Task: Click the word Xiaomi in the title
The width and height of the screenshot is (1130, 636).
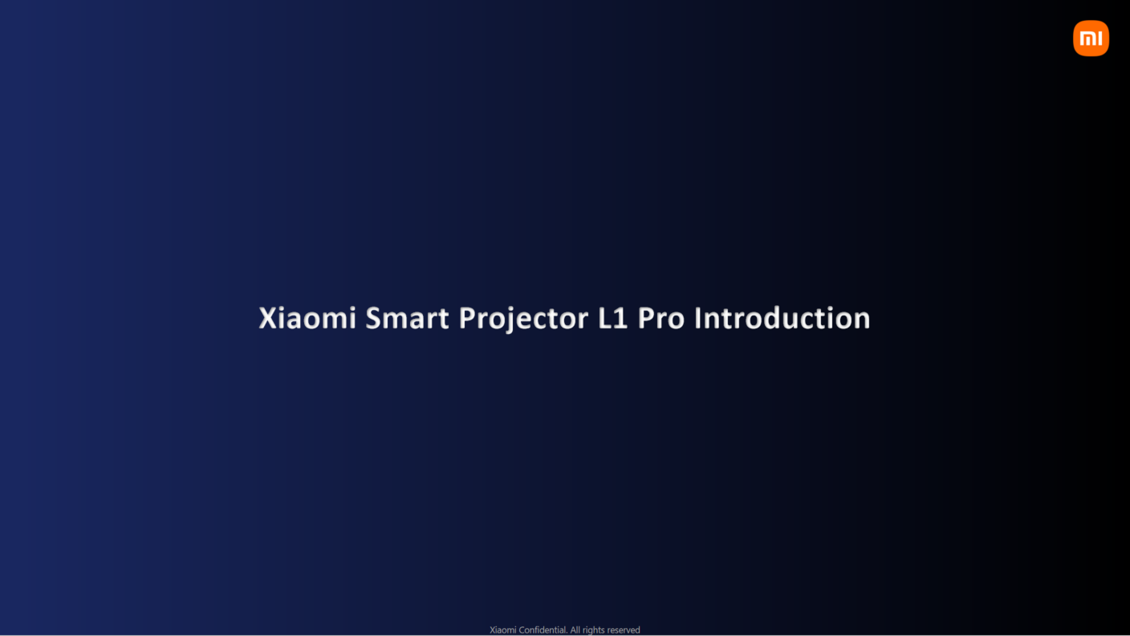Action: click(307, 318)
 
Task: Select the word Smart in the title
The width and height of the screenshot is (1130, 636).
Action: click(407, 318)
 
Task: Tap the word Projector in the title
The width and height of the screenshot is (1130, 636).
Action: click(523, 320)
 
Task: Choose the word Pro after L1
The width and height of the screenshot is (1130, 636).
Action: click(661, 318)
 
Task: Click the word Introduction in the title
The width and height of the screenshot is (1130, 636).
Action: click(782, 318)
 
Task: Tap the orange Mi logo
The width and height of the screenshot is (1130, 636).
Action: click(1091, 39)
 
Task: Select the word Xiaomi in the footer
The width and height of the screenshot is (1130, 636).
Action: click(503, 630)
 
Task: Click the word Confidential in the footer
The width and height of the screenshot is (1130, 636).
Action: click(543, 630)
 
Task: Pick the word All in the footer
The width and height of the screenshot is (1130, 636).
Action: click(575, 630)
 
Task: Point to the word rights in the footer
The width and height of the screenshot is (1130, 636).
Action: click(593, 630)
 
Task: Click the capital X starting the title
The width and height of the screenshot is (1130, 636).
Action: click(267, 318)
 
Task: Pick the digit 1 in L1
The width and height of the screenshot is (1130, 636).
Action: click(620, 318)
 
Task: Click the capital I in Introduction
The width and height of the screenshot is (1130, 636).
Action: click(698, 318)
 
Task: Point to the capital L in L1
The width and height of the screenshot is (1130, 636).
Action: click(605, 318)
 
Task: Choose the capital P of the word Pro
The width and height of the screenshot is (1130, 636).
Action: click(646, 318)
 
